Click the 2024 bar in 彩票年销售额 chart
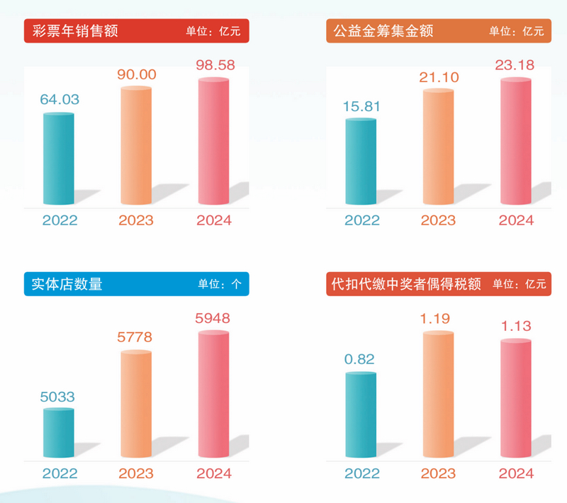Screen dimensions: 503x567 pyautogui.click(x=213, y=142)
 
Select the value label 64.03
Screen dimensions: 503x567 pyautogui.click(x=59, y=100)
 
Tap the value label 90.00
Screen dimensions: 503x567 pyautogui.click(x=136, y=74)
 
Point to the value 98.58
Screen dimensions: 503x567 pyautogui.click(x=213, y=65)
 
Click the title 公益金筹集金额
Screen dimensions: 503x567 pyautogui.click(x=380, y=31)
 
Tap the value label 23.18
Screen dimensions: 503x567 pyautogui.click(x=515, y=65)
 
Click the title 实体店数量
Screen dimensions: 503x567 pyautogui.click(x=68, y=284)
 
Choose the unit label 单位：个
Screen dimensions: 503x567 pyautogui.click(x=220, y=285)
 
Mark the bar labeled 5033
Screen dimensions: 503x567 pyautogui.click(x=59, y=433)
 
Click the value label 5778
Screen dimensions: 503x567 pyautogui.click(x=136, y=338)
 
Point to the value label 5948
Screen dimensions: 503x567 pyautogui.click(x=213, y=318)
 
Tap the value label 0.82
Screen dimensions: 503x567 pyautogui.click(x=361, y=359)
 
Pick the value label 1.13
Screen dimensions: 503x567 pyautogui.click(x=515, y=327)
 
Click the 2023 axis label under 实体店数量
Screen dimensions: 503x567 pyautogui.click(x=136, y=474)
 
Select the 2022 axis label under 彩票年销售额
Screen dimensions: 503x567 pyautogui.click(x=60, y=220)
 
